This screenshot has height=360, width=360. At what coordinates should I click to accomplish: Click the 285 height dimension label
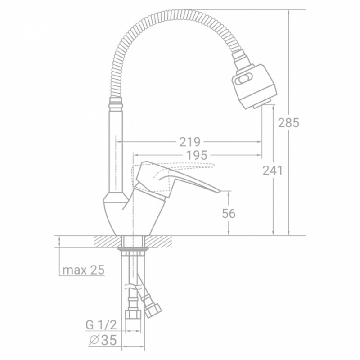pos(289,122)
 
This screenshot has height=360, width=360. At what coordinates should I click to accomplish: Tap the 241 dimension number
pos(273,171)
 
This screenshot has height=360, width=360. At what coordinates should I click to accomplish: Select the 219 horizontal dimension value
pos(190,142)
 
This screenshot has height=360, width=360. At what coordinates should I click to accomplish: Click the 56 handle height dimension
pos(229,213)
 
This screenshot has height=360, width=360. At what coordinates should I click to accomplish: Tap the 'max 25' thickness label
pos(83,270)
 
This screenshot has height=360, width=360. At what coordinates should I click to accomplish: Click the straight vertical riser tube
pos(116,148)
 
